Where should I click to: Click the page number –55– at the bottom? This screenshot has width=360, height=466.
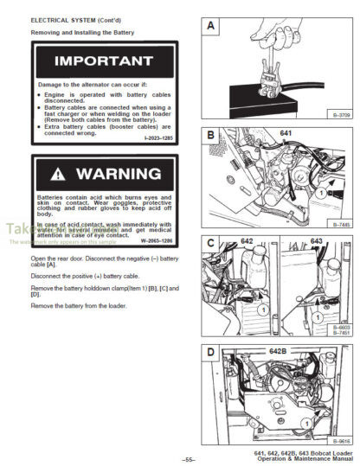coord(189,459)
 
